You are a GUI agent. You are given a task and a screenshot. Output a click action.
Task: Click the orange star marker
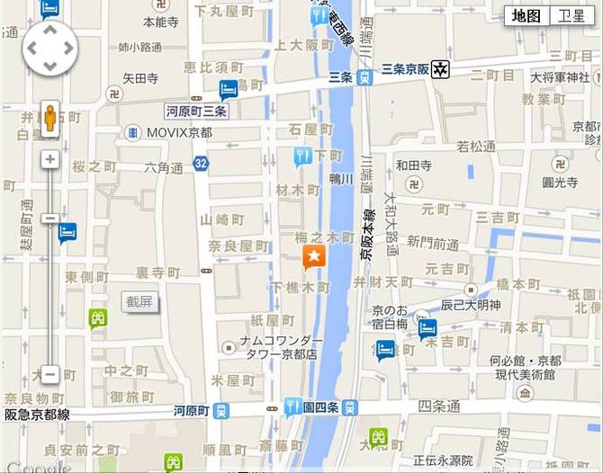coord(313,257)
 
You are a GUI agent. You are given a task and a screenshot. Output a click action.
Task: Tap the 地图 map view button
coord(526,15)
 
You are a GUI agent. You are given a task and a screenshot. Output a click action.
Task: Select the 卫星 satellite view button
coord(571,15)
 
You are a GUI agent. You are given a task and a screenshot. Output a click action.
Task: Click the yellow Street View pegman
coord(50,119)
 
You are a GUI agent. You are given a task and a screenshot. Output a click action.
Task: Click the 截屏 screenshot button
coord(139,301)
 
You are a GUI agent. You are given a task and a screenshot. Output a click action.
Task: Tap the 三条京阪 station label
coord(406,68)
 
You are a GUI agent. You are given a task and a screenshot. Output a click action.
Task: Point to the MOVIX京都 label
coord(179,132)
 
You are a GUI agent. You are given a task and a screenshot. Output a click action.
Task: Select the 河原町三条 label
coord(196,112)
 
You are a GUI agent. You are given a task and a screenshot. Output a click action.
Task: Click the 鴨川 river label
coord(340,178)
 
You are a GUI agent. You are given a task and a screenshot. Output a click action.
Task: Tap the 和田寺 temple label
coord(414,165)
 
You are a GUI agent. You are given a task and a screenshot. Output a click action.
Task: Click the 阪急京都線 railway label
coord(37,415)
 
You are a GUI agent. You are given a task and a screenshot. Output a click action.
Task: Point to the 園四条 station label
coord(320,407)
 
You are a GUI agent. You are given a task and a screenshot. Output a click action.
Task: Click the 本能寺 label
coord(161,20)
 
